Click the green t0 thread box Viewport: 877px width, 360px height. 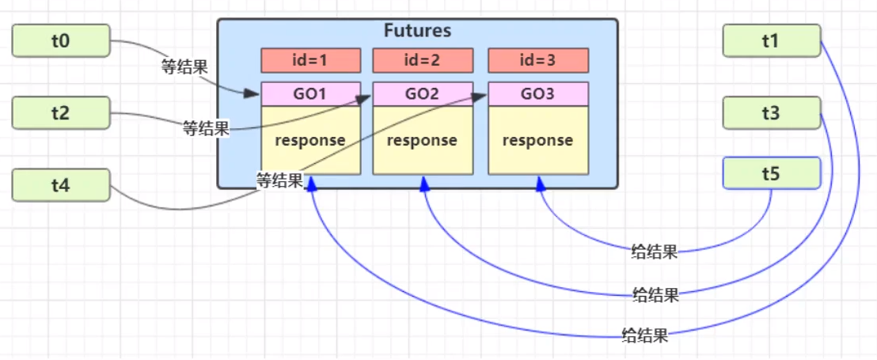[x=61, y=40]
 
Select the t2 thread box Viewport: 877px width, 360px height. [x=61, y=113]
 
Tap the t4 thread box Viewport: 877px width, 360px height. [x=61, y=185]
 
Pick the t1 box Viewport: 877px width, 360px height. [x=771, y=40]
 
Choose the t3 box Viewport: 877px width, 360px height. [x=771, y=113]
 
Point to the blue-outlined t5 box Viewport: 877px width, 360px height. [x=771, y=172]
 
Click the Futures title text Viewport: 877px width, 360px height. [x=417, y=31]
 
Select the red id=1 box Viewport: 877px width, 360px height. [x=310, y=60]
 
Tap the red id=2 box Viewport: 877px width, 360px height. [x=423, y=60]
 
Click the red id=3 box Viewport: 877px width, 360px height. [x=538, y=60]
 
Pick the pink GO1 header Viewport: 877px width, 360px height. [x=310, y=94]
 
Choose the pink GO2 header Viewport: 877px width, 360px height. [x=423, y=94]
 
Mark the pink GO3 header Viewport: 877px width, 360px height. [x=538, y=94]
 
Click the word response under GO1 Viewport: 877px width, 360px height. [x=310, y=140]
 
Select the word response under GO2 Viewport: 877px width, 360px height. [x=423, y=140]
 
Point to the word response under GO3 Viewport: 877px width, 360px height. [x=538, y=140]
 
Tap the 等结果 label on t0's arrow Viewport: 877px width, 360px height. [x=184, y=67]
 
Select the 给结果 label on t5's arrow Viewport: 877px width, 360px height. [x=655, y=252]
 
